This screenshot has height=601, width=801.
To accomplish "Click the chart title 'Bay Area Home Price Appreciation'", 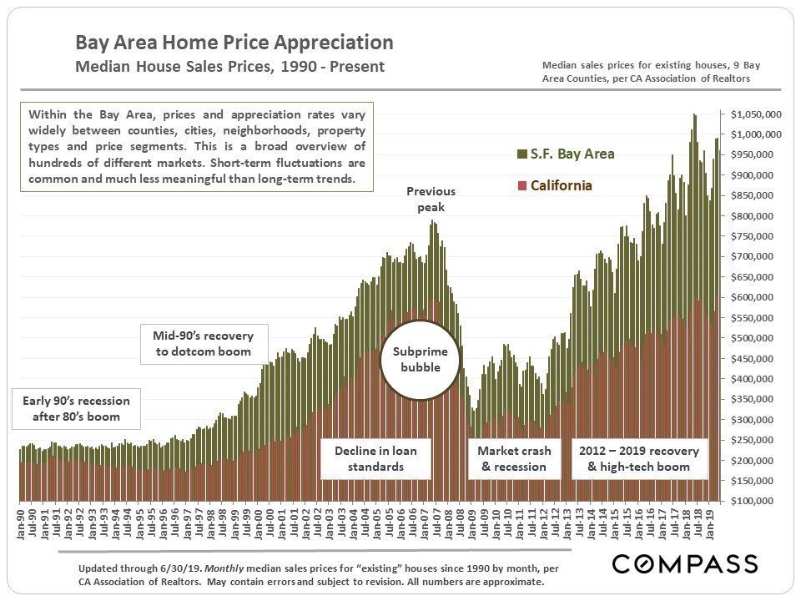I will click(234, 43).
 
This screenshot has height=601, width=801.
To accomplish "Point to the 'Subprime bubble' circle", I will click(421, 358).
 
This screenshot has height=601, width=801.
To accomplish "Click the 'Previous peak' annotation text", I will click(431, 199).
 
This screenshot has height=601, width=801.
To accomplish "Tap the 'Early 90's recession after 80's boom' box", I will click(71, 409).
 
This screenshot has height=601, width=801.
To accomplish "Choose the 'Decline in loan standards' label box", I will click(375, 458).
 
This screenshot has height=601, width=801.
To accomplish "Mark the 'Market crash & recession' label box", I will click(514, 458).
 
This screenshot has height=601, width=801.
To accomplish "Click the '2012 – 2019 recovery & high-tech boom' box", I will click(639, 458).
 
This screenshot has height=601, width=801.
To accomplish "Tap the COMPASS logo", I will click(685, 564).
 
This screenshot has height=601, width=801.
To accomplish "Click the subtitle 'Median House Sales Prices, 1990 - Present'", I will click(230, 67).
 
